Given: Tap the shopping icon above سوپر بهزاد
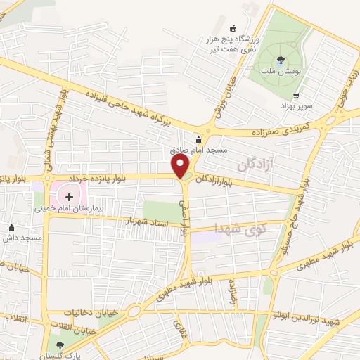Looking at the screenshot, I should pyautogui.click(x=296, y=96).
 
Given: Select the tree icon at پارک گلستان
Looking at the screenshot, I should pyautogui.click(x=60, y=345).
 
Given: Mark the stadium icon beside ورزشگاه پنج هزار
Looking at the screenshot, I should pyautogui.click(x=233, y=28).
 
